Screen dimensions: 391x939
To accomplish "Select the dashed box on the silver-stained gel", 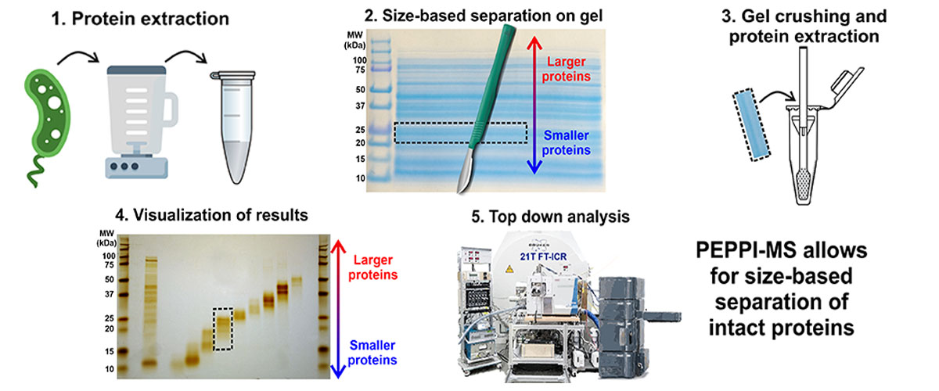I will click(x=222, y=328).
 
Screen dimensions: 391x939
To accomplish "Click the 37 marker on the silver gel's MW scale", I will click(x=109, y=295).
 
